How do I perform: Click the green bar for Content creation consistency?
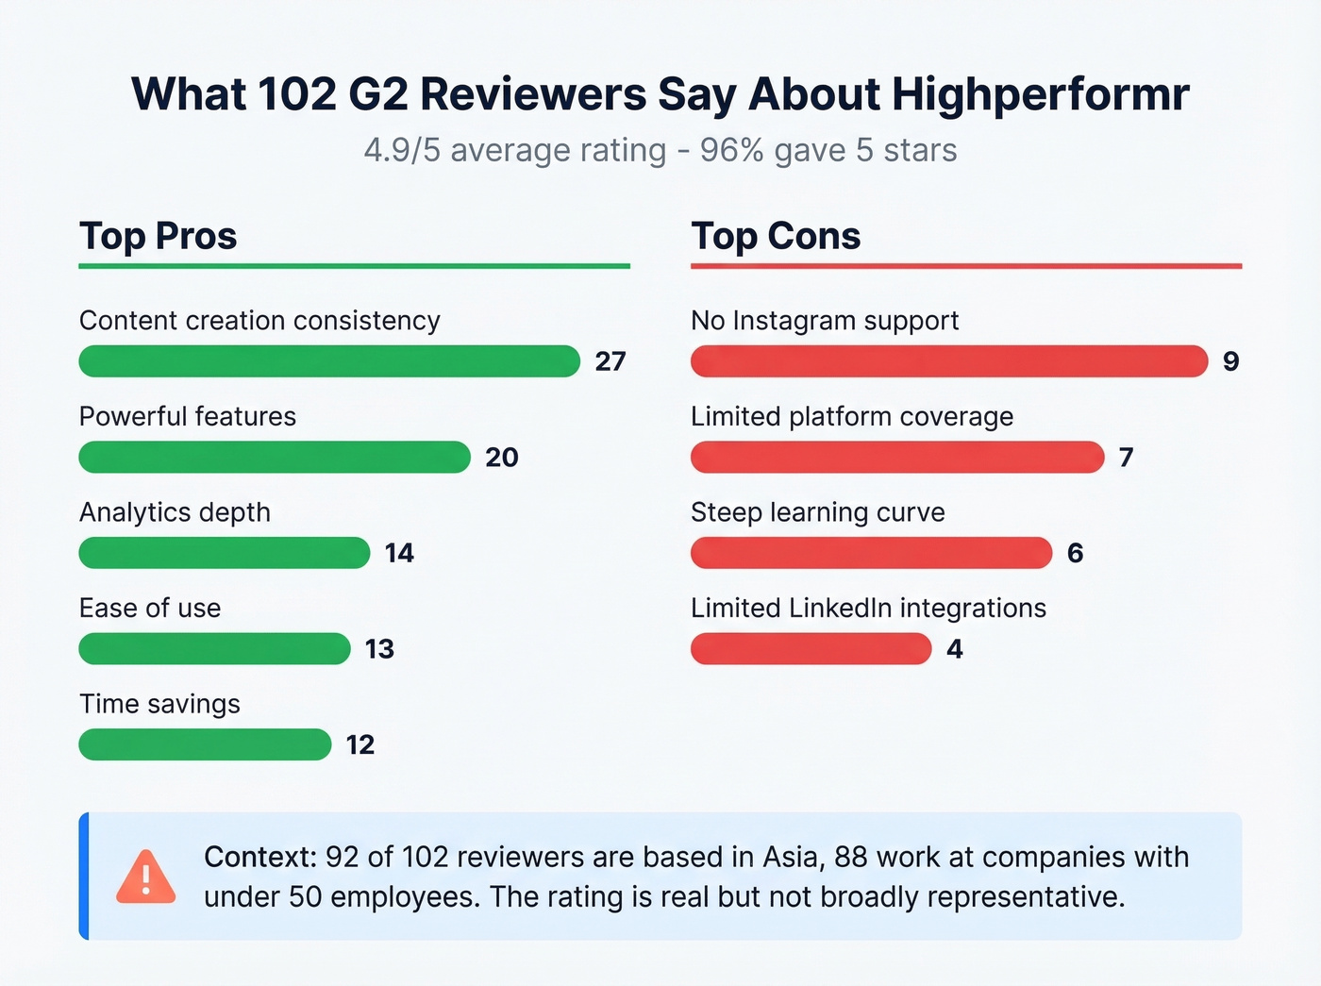[328, 361]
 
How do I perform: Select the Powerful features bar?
[274, 457]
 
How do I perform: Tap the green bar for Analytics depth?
[224, 553]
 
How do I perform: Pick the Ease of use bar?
[214, 649]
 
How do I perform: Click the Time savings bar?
[205, 744]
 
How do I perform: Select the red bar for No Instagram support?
[948, 361]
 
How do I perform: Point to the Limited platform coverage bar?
[896, 457]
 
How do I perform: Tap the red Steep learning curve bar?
[871, 553]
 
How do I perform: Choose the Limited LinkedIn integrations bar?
[811, 649]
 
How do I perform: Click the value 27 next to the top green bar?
[610, 361]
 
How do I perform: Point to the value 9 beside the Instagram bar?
[1230, 361]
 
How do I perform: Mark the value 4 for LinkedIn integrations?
[955, 649]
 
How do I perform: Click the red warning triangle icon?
[145, 877]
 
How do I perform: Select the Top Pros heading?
[158, 236]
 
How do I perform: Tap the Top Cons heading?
[776, 236]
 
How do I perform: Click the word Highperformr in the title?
[1040, 94]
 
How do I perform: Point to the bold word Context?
[259, 857]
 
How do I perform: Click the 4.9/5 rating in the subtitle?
[402, 150]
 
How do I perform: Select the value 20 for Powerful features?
[502, 458]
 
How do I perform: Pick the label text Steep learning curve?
[817, 512]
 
